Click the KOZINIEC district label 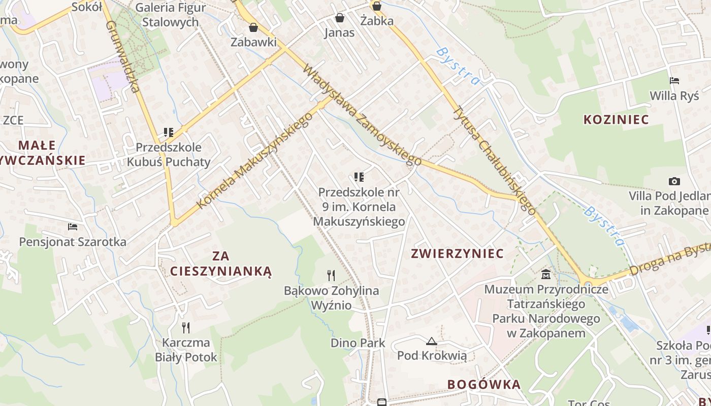click(x=616, y=120)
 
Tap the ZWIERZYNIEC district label click(x=457, y=254)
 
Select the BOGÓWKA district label click(x=484, y=385)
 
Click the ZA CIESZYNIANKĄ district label click(x=221, y=263)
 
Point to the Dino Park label click(x=358, y=343)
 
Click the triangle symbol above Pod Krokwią click(x=432, y=341)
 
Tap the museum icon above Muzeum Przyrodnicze click(x=546, y=275)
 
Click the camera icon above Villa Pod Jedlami click(x=674, y=181)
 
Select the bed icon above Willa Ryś click(x=674, y=81)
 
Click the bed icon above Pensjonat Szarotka click(x=73, y=226)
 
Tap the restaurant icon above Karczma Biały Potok click(x=186, y=327)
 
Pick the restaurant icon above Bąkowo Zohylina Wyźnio click(x=331, y=276)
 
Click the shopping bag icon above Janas click(x=340, y=18)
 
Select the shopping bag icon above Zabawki click(x=253, y=27)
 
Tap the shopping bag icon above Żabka click(x=377, y=6)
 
